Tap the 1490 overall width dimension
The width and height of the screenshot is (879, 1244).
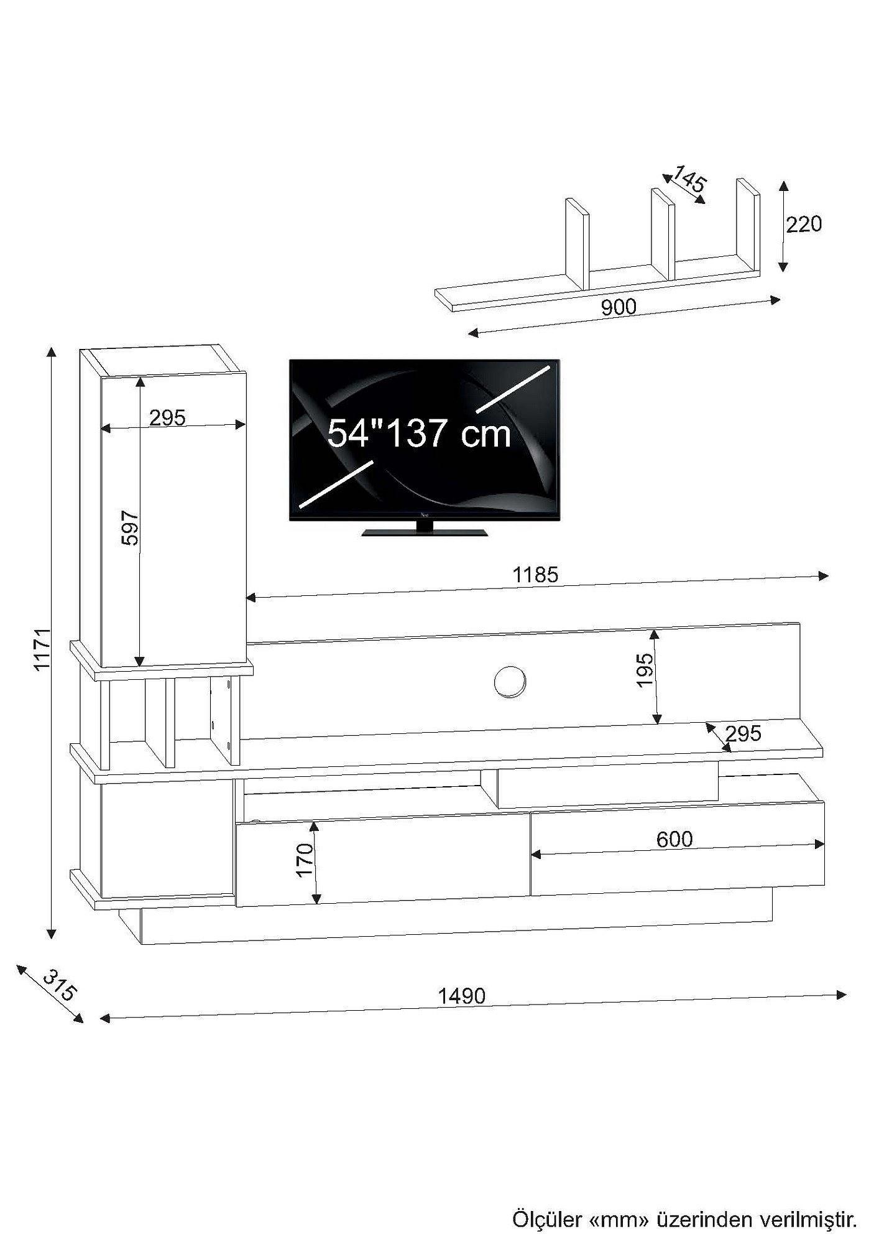pos(461,996)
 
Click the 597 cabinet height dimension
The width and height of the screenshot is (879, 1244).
pos(129,528)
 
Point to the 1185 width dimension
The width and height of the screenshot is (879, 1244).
pos(535,575)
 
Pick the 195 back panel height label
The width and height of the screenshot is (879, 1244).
pos(645,669)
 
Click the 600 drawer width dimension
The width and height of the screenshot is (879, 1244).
pos(674,840)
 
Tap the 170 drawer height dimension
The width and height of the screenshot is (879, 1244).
pos(305,860)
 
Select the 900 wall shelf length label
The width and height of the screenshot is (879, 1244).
pos(619,307)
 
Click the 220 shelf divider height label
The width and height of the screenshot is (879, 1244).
pos(804,224)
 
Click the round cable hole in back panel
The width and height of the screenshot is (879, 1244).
pos(510,682)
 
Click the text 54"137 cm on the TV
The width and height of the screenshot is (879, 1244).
pos(419,434)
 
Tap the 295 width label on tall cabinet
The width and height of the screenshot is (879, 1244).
pos(167,417)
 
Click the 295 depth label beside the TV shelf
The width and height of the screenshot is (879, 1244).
pos(743,734)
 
